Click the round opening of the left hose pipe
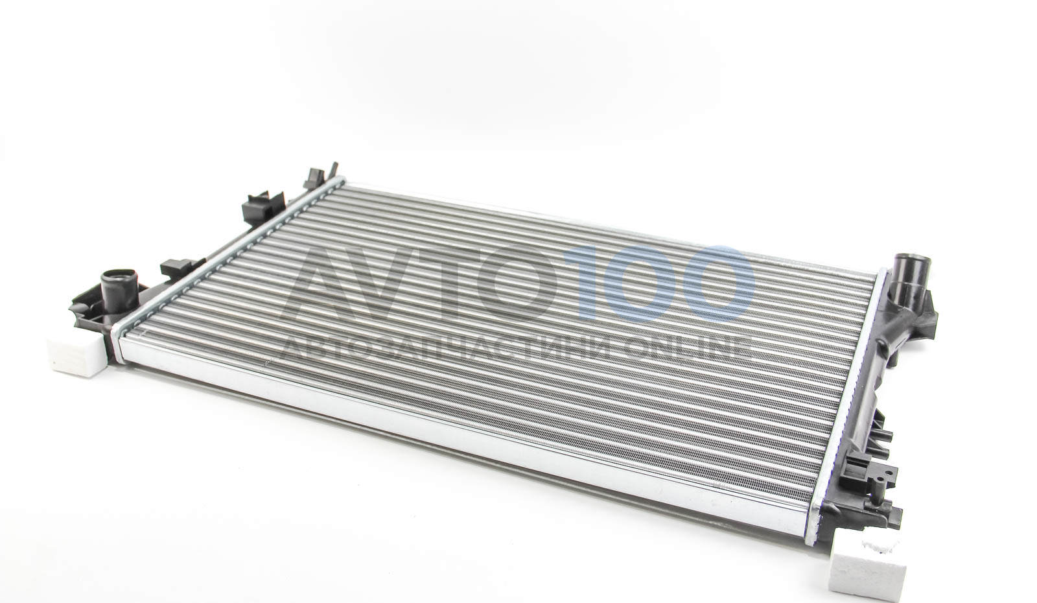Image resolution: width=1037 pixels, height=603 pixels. point(119,275)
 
